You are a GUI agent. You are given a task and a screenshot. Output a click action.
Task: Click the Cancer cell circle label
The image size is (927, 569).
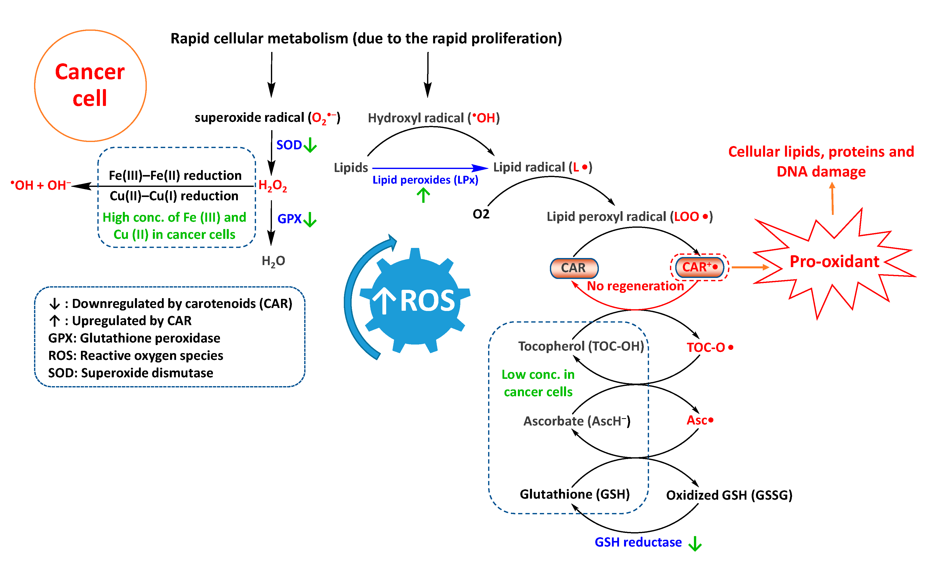[90, 85]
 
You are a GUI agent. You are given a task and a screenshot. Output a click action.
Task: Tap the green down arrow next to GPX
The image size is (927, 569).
[310, 219]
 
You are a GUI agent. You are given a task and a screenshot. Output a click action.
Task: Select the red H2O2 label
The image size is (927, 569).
[272, 186]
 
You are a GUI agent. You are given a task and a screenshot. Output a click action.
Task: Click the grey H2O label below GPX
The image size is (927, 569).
[273, 261]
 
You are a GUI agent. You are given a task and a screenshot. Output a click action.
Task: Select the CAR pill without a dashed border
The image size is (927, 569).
[574, 268]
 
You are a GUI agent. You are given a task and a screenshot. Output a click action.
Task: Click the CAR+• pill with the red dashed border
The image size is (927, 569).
[699, 267]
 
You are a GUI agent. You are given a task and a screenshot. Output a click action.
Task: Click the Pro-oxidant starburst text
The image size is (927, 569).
[834, 261]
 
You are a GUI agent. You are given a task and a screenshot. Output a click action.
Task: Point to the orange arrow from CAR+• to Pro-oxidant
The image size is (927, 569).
[750, 267]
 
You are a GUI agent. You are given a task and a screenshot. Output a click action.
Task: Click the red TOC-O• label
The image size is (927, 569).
[710, 347]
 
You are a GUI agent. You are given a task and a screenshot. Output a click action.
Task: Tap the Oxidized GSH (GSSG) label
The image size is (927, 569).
[729, 495]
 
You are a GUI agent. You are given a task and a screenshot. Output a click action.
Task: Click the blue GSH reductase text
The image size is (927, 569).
[638, 542]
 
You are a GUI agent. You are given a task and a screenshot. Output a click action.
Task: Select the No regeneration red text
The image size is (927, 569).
[635, 286]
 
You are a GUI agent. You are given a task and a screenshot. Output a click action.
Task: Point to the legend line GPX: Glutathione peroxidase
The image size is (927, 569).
[134, 338]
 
